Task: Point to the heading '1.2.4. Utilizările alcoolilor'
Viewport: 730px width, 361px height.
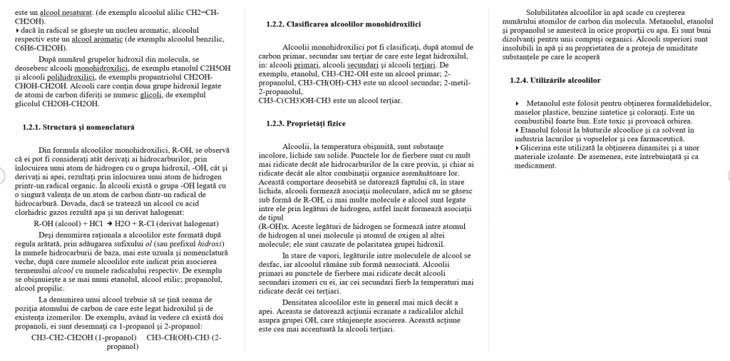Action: click(x=555, y=80)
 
